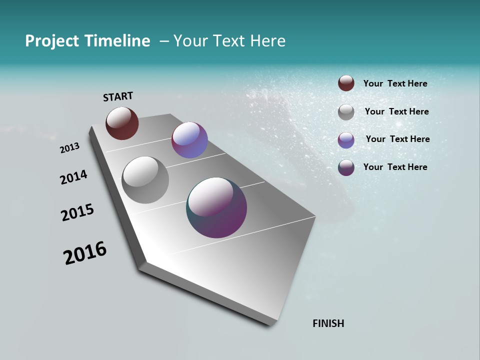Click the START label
(x=118, y=96)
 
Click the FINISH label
(x=328, y=323)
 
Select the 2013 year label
(x=69, y=148)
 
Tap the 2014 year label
(x=73, y=177)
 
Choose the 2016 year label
(x=85, y=253)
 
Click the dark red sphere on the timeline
(x=122, y=123)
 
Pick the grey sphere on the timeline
(x=145, y=180)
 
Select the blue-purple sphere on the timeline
(x=189, y=140)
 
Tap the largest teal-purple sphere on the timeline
(x=216, y=207)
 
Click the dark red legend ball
(x=346, y=83)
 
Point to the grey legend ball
(x=346, y=112)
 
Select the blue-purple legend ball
(x=346, y=140)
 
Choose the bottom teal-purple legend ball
(x=346, y=167)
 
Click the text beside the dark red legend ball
(x=395, y=83)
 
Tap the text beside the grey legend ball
(x=396, y=111)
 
